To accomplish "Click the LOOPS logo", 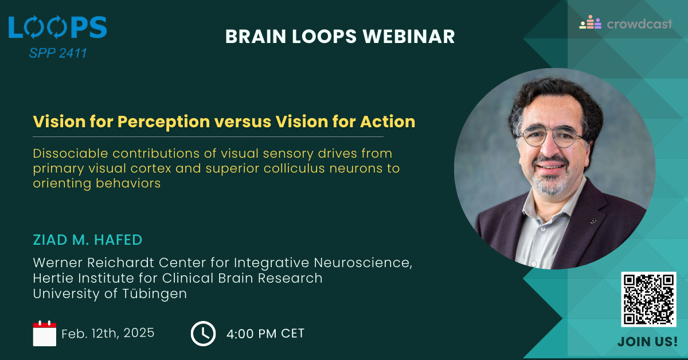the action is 58,28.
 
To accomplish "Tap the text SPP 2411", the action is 58,53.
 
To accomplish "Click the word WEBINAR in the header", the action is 408,36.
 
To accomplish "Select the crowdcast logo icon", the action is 590,22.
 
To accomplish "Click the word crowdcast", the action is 639,24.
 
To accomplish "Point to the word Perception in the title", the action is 164,122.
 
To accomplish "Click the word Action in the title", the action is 388,122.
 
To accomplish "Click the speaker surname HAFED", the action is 118,240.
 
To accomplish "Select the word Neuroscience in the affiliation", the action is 363,263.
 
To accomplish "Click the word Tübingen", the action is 154,294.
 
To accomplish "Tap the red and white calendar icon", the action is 45,333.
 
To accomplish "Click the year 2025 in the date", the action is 139,333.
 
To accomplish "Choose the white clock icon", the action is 203,334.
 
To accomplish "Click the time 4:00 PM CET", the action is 265,334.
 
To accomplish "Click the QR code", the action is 648,299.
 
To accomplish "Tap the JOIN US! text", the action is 647,342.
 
